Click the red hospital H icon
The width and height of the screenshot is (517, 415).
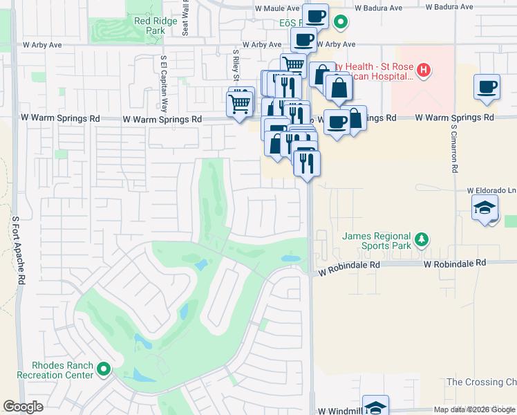[x=424, y=70]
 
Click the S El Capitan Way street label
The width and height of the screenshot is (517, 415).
[x=164, y=84]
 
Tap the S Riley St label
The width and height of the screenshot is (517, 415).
[x=236, y=64]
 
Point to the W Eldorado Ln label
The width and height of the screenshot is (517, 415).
[x=491, y=190]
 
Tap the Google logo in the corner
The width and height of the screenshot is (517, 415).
[x=23, y=407]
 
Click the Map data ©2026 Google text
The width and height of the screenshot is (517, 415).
[x=474, y=409]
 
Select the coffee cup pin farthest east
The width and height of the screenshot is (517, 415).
[x=487, y=87]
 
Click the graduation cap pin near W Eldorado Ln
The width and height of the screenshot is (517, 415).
[x=485, y=207]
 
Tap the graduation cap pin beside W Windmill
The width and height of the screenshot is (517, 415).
[x=375, y=407]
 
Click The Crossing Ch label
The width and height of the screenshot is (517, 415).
[x=481, y=382]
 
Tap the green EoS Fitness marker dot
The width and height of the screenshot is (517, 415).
[x=340, y=22]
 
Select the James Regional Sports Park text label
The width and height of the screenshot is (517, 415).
[x=377, y=241]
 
